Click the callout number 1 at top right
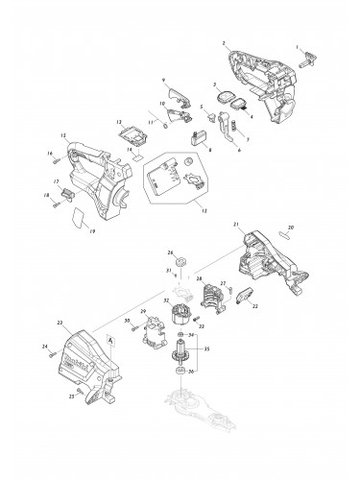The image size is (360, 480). tap(298, 47)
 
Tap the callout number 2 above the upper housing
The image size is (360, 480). tap(224, 44)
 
